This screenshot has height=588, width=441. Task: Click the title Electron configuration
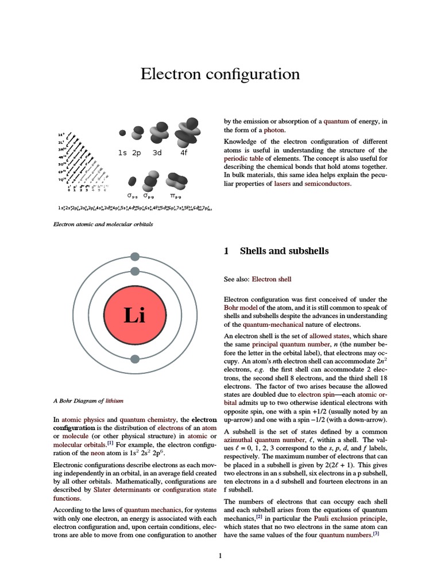pyautogui.click(x=220, y=74)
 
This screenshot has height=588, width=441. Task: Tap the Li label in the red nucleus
pyautogui.click(x=134, y=315)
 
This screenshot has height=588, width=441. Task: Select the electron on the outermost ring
pyautogui.click(x=134, y=257)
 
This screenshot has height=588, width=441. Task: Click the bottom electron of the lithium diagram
pyautogui.click(x=134, y=359)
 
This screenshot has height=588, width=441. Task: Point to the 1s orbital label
pyautogui.click(x=122, y=153)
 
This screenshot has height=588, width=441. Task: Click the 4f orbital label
pyautogui.click(x=184, y=153)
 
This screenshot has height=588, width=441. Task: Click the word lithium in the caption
pyautogui.click(x=114, y=401)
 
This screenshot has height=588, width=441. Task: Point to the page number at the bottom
pyautogui.click(x=220, y=555)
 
